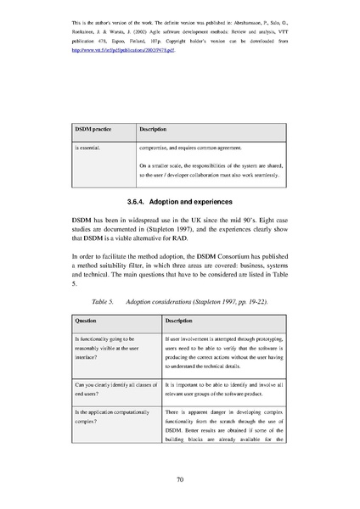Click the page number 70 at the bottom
coord(180,479)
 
